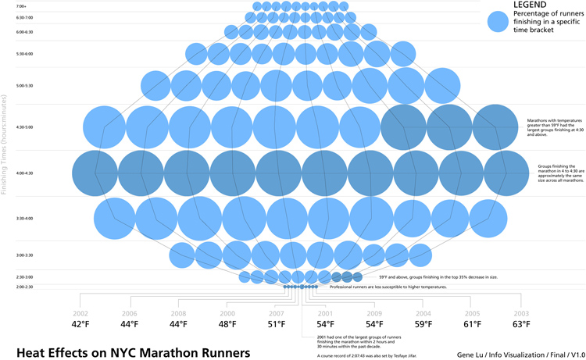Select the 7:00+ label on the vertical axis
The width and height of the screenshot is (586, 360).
[21, 6]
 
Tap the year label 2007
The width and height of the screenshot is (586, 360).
[277, 312]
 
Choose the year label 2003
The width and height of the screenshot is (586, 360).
[521, 312]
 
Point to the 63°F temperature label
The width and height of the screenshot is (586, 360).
[521, 324]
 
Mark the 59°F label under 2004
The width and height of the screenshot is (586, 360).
[423, 324]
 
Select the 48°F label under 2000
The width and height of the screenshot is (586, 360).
[227, 324]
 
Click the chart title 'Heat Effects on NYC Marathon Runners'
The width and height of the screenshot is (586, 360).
[133, 352]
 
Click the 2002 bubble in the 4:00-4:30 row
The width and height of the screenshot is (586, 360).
[96, 173]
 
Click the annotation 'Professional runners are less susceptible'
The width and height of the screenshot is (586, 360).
[388, 287]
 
